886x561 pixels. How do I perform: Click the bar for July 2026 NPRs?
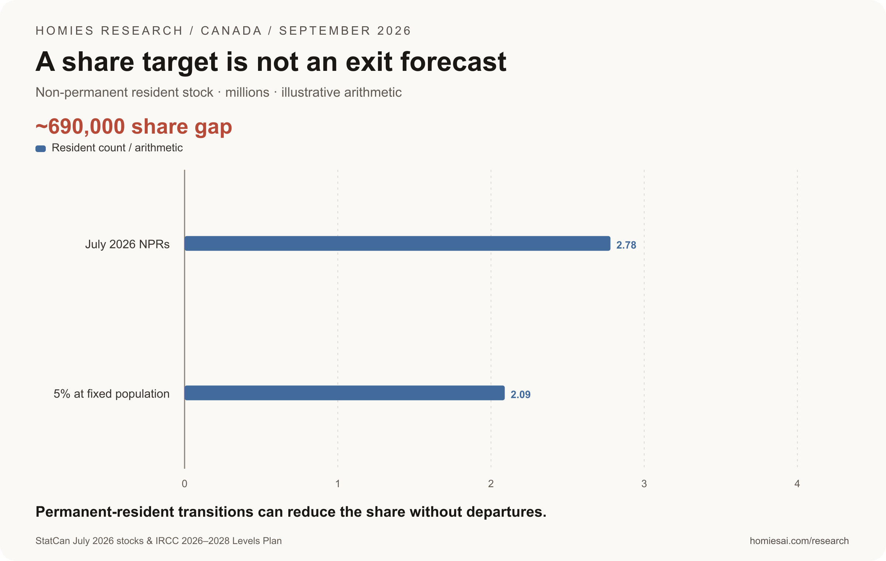point(397,244)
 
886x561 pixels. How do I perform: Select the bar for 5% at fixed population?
point(344,393)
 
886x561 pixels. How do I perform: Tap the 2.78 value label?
point(626,245)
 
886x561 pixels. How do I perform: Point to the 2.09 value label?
point(521,395)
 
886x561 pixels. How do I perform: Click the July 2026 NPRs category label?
point(127,244)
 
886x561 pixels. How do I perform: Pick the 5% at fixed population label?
point(111,394)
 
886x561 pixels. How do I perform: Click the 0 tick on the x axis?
point(185,484)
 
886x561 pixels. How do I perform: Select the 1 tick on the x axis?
point(338,484)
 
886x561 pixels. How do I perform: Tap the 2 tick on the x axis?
point(491,484)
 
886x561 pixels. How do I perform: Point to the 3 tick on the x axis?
point(644,484)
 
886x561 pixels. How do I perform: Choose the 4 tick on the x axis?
point(797,484)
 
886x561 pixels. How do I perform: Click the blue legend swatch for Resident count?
point(41,149)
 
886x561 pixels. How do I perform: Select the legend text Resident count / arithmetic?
point(117,148)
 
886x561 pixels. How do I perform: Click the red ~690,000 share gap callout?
point(134,127)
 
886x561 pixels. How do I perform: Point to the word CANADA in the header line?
point(231,31)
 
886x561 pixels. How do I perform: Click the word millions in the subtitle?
point(247,92)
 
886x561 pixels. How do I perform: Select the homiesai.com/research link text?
point(799,541)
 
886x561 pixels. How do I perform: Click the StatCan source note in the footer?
point(158,541)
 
